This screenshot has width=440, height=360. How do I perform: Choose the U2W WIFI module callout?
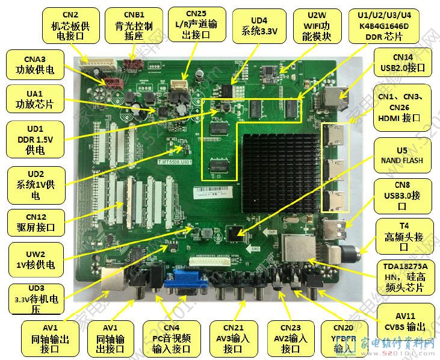coord(318,25)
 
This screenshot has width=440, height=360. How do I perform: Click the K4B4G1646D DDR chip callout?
coord(382,25)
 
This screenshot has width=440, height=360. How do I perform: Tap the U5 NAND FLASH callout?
coord(401,155)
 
